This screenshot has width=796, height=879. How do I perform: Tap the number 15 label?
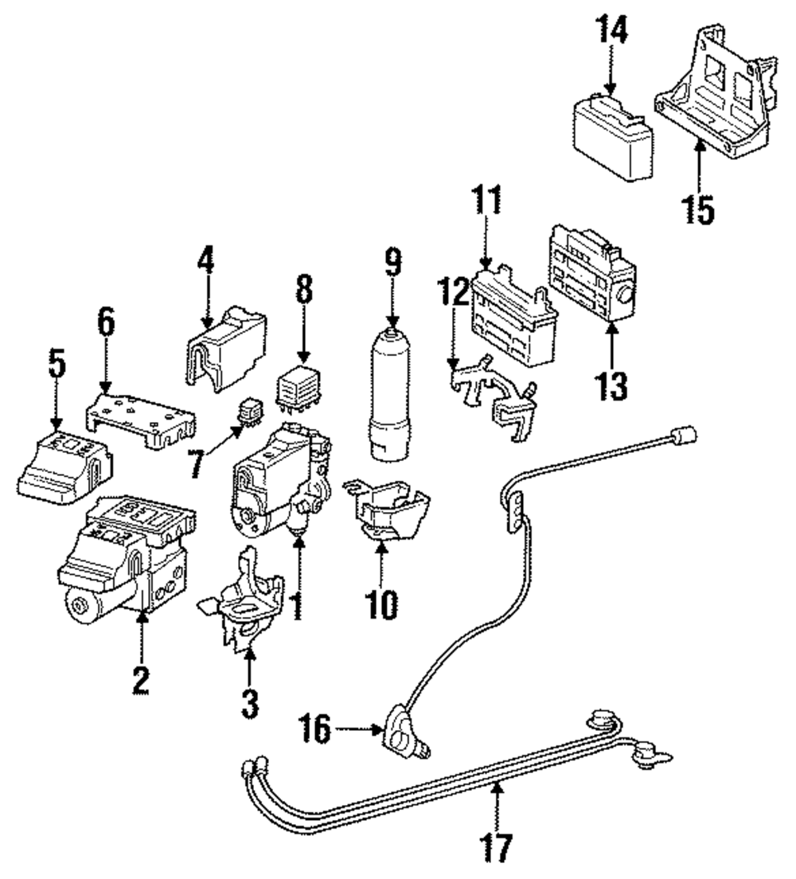click(x=698, y=205)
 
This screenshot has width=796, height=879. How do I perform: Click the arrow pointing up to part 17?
click(x=498, y=804)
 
